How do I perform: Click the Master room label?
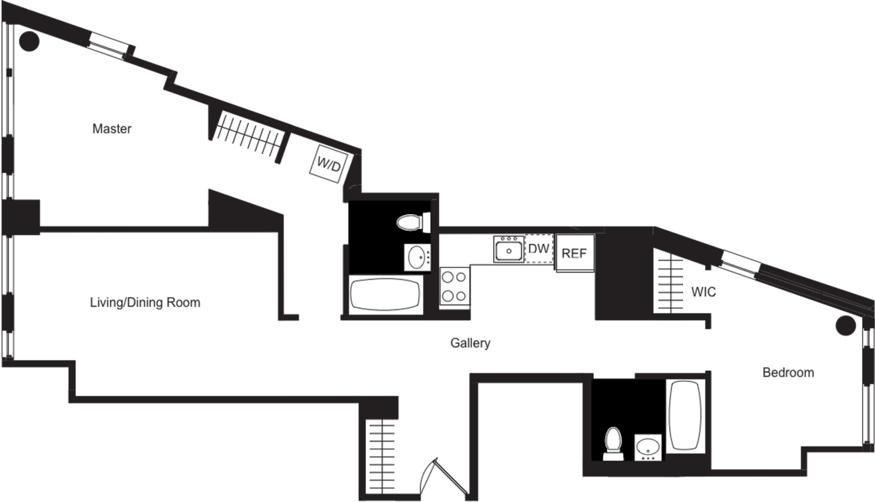click(x=112, y=128)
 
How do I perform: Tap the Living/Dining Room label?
click(x=145, y=303)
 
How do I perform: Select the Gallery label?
click(x=470, y=343)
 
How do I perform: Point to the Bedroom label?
click(x=788, y=372)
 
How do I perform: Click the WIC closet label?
click(x=703, y=292)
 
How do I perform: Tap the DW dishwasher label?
click(x=538, y=249)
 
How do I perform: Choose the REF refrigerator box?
click(x=575, y=254)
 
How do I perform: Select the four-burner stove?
click(x=454, y=287)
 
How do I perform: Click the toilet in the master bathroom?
click(x=413, y=222)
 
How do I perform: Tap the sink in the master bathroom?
click(x=417, y=257)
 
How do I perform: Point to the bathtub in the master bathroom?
click(x=387, y=296)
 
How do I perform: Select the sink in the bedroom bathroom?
click(x=647, y=447)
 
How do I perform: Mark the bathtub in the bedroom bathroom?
click(x=685, y=415)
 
